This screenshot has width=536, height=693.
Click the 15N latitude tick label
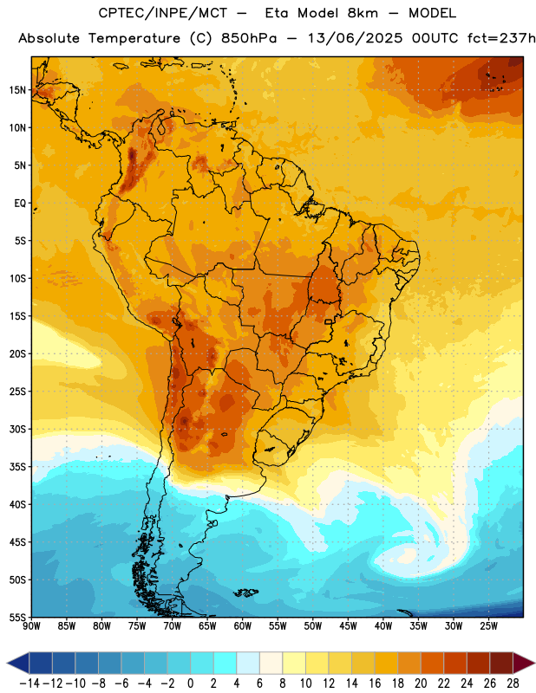point(17,90)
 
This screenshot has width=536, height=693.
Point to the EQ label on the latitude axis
point(20,204)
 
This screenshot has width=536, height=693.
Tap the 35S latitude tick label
point(17,467)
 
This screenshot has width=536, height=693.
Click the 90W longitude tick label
point(31,626)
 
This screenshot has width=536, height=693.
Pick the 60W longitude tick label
point(243,626)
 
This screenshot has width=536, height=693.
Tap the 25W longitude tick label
point(488,626)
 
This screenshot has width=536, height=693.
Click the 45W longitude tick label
point(349,626)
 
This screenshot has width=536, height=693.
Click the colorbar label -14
point(29,683)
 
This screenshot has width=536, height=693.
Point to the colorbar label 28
point(513,683)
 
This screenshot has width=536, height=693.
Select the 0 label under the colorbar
point(190,683)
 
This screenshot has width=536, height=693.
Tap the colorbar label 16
point(375,683)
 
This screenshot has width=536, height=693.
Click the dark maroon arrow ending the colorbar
point(524,663)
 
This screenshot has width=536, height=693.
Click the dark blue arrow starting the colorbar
point(17,663)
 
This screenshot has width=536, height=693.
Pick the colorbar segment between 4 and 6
point(248,663)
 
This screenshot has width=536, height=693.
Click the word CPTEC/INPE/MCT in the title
point(163,13)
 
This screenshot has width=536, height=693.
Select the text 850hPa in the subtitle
point(249,38)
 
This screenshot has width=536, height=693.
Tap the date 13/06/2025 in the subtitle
point(355,38)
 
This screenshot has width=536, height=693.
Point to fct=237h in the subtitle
point(501,38)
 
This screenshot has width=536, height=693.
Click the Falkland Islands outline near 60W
point(246,593)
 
